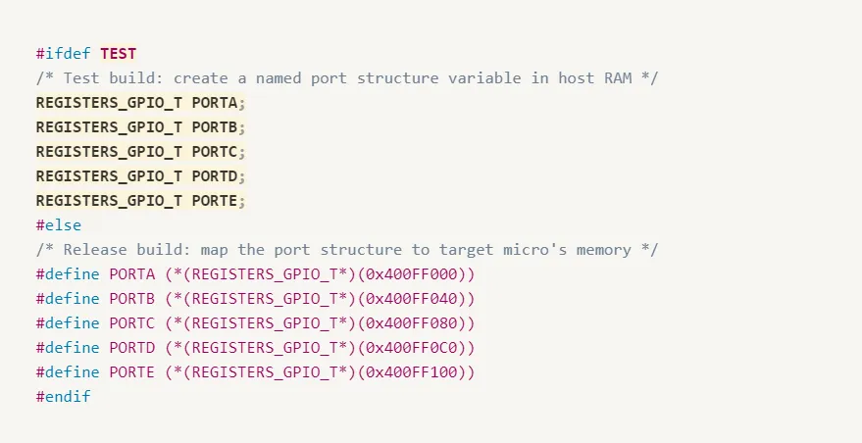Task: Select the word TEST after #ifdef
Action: coord(118,53)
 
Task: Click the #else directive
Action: coord(59,225)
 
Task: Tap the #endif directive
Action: coord(64,397)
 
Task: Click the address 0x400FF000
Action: coord(416,274)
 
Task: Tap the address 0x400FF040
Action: coord(416,299)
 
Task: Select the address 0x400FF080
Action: coord(416,323)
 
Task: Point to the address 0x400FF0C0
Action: coord(416,348)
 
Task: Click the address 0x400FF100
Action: coord(416,372)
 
